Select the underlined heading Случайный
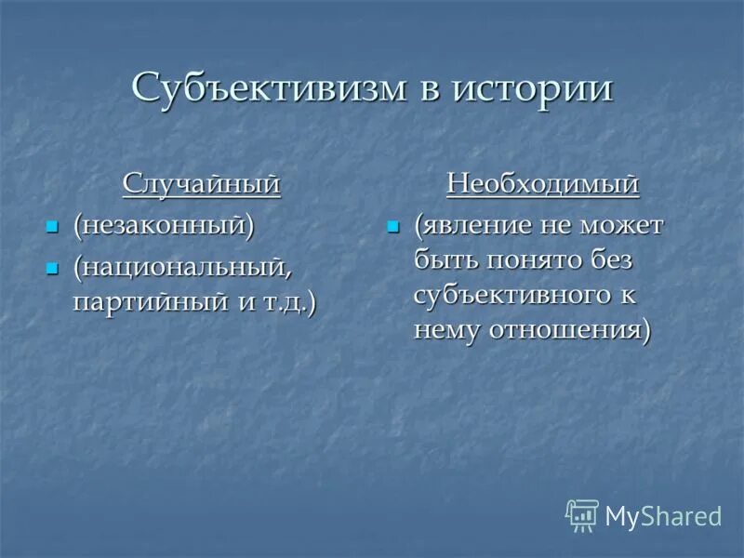pos(202,183)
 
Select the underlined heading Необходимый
pos(543,183)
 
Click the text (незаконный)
pos(164,225)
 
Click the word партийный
pos(145,301)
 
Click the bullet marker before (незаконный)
pos(53,226)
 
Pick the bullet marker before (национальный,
pos(53,268)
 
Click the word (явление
pos(472,225)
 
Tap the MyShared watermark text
pos(663,515)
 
